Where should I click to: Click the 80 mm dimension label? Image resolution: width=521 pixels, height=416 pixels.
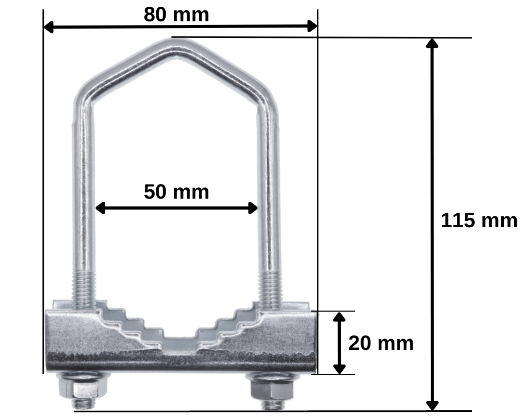177,15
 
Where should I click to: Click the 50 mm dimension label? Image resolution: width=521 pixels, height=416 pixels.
177,192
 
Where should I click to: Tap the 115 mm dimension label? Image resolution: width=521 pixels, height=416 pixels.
479,220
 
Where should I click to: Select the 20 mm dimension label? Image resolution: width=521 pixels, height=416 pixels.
381,343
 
